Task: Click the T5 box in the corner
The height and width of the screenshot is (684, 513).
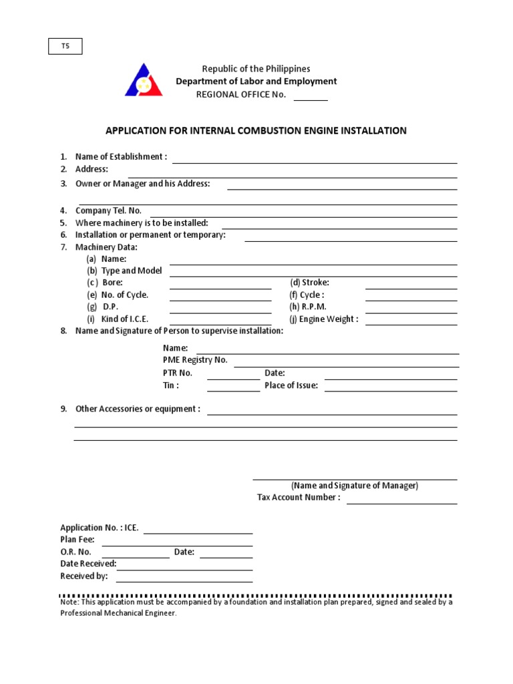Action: (x=65, y=46)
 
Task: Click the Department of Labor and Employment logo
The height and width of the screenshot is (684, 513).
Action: (x=143, y=80)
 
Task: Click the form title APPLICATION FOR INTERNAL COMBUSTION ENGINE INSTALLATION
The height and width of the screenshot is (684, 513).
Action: (x=256, y=131)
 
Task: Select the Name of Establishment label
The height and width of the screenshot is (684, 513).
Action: (x=121, y=157)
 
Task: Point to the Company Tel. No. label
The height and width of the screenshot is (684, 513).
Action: (x=108, y=210)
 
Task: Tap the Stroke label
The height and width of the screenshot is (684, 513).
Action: (x=309, y=283)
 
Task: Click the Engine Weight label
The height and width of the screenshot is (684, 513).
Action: (x=324, y=319)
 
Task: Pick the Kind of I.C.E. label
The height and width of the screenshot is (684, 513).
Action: (x=125, y=319)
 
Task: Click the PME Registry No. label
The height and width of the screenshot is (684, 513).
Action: (x=195, y=360)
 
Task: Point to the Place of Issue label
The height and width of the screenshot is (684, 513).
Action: (x=291, y=386)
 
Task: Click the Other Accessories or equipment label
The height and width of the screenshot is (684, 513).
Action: (x=138, y=409)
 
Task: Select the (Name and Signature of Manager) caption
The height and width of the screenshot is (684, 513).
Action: (x=355, y=486)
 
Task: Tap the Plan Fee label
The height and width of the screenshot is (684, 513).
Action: (x=77, y=540)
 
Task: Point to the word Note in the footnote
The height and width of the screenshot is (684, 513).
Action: (x=69, y=603)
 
